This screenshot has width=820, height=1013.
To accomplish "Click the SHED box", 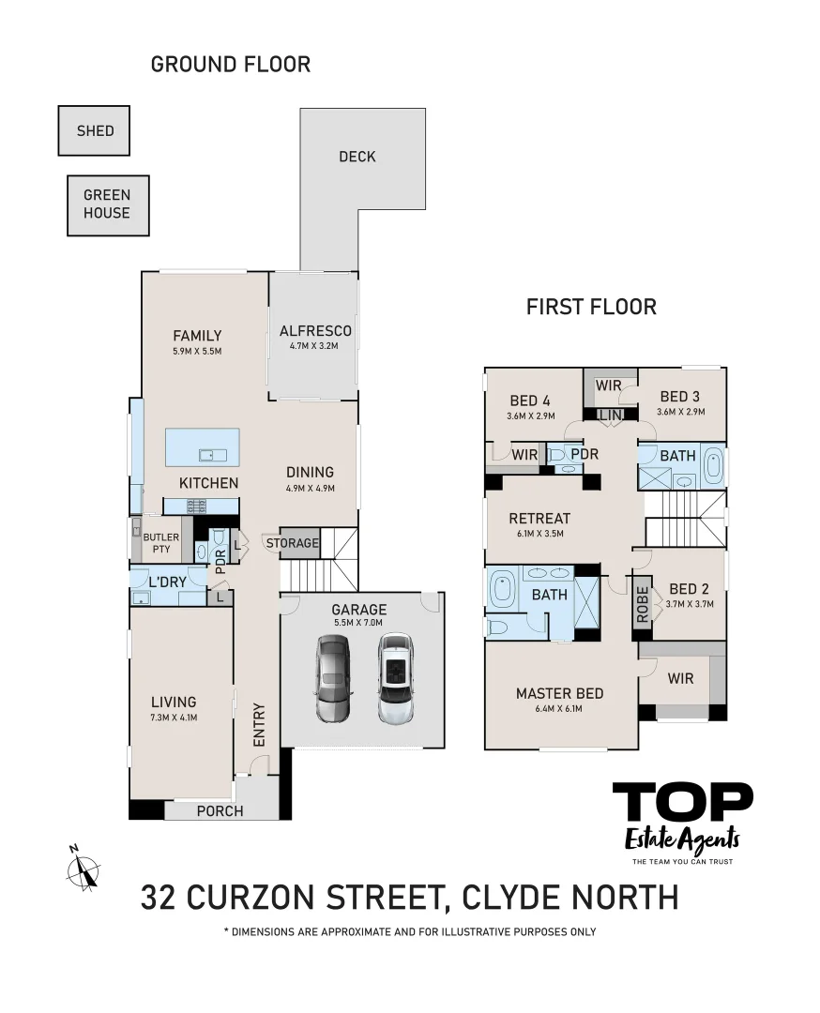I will click(94, 130).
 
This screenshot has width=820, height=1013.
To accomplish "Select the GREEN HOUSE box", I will click(106, 204).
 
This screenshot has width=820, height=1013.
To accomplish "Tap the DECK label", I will click(357, 157).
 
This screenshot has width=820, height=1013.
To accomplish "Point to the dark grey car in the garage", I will click(332, 678).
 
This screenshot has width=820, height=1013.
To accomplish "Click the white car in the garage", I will click(396, 678).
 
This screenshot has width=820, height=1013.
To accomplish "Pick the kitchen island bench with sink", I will click(202, 446).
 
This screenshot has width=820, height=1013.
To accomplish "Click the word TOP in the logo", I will click(682, 803).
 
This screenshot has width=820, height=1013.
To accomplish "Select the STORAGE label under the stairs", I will click(293, 543).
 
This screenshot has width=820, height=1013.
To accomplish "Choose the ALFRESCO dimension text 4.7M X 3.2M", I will click(313, 346).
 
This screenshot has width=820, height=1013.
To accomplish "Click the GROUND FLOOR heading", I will click(230, 65).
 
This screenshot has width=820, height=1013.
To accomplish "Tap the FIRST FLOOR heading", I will click(591, 307).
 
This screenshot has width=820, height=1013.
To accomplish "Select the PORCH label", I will click(220, 810).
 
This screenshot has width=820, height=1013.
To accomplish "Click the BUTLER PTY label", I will click(160, 543).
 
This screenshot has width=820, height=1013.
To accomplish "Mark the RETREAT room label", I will click(539, 519).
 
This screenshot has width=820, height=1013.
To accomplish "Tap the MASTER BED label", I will click(559, 693).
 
